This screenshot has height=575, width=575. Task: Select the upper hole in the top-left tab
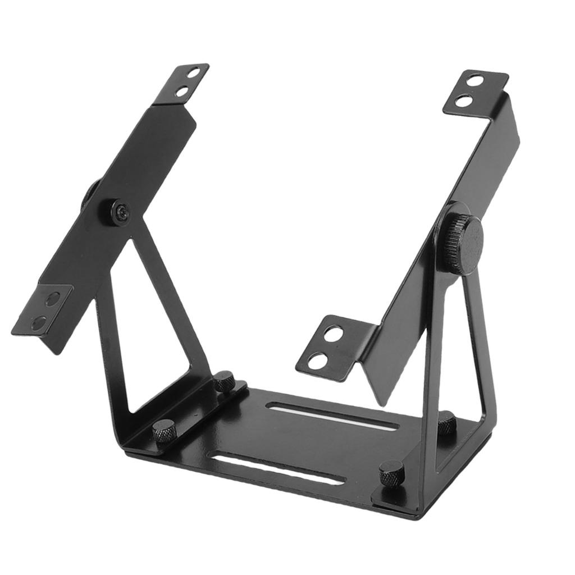tap(193, 72)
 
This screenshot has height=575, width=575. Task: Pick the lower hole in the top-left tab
tap(181, 91)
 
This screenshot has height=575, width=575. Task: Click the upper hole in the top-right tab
tap(475, 81)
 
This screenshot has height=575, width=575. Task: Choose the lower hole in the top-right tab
tap(463, 102)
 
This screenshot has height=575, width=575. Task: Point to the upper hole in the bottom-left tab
tap(52, 298)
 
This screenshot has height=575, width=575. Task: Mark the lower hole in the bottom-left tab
tap(39, 322)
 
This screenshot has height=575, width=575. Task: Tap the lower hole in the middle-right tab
tap(318, 360)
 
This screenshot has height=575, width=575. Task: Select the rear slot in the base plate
tap(334, 416)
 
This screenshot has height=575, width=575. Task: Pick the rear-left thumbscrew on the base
tap(224, 381)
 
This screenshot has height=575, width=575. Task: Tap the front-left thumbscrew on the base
tap(164, 430)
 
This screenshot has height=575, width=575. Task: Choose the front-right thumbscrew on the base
tap(391, 473)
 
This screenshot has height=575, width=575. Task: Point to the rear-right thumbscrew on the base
tap(447, 422)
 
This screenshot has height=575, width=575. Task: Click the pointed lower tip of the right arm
tap(382, 400)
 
